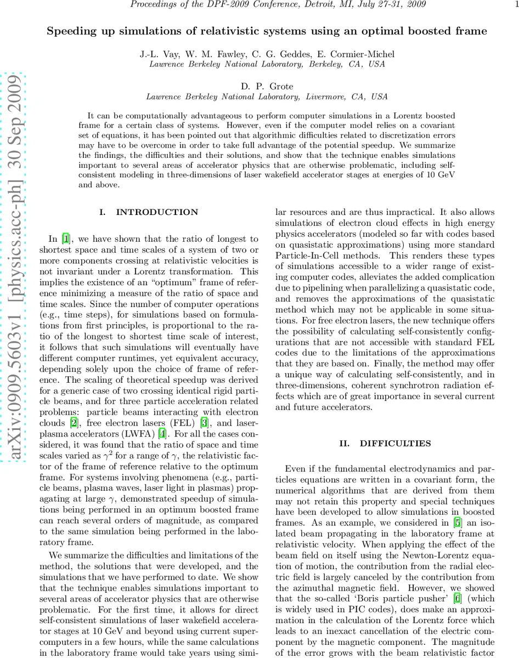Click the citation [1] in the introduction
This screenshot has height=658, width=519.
click(66, 239)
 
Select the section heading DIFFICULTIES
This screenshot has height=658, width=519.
click(395, 444)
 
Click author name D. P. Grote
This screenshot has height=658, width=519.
click(267, 87)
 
